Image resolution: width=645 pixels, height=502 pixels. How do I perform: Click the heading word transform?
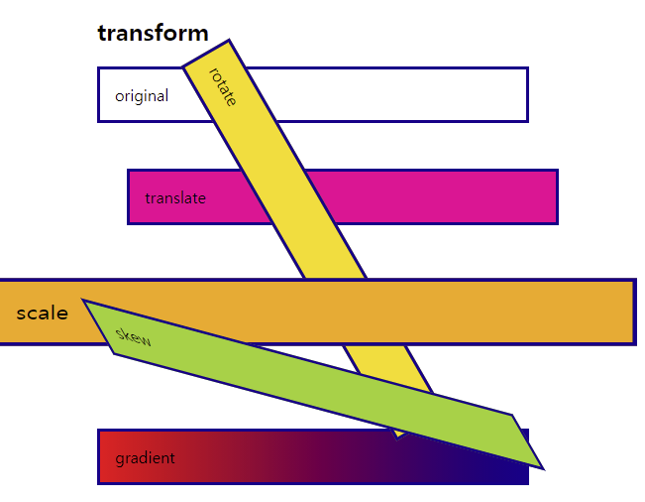153,33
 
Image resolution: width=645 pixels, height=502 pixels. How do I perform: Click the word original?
142,96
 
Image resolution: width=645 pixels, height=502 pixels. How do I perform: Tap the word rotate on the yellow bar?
223,86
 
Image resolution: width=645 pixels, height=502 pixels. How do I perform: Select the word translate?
175,198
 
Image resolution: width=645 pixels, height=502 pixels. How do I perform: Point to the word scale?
43,314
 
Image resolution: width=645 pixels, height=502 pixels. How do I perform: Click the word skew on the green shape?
134,336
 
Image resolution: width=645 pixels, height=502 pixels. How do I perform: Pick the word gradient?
145,458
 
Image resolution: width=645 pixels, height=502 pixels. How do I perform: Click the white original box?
396,95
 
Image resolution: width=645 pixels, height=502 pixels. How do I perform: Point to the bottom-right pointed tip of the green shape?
543,467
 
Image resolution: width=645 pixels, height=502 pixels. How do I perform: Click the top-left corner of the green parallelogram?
83,300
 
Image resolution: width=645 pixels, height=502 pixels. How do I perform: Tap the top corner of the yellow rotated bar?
229,41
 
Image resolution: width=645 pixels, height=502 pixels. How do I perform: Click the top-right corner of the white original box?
526,68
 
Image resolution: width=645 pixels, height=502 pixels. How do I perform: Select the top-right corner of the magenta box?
556,171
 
